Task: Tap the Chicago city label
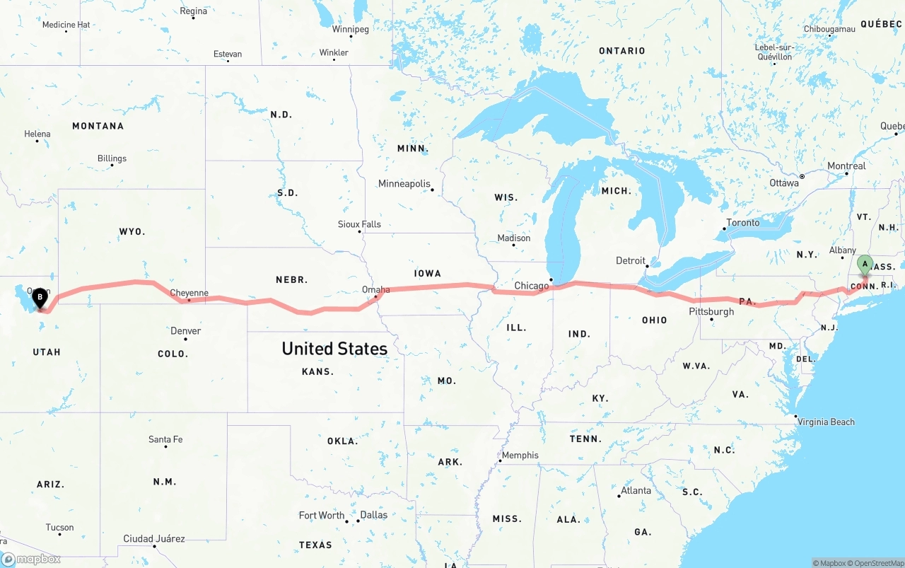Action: point(532,286)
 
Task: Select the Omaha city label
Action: point(375,289)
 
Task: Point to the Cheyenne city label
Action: point(189,293)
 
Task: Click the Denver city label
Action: point(185,331)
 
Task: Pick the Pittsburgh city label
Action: point(711,311)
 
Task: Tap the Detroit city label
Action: point(631,260)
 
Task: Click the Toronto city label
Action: point(742,223)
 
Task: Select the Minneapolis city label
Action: point(404,184)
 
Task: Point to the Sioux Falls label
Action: point(359,224)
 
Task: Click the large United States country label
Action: point(334,348)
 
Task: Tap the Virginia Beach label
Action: point(826,422)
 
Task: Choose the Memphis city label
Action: point(520,456)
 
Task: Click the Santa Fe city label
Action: point(165,439)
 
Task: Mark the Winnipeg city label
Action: point(351,30)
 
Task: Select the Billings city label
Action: point(112,158)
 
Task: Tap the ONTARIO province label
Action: point(622,51)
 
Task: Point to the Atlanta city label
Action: point(636,490)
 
